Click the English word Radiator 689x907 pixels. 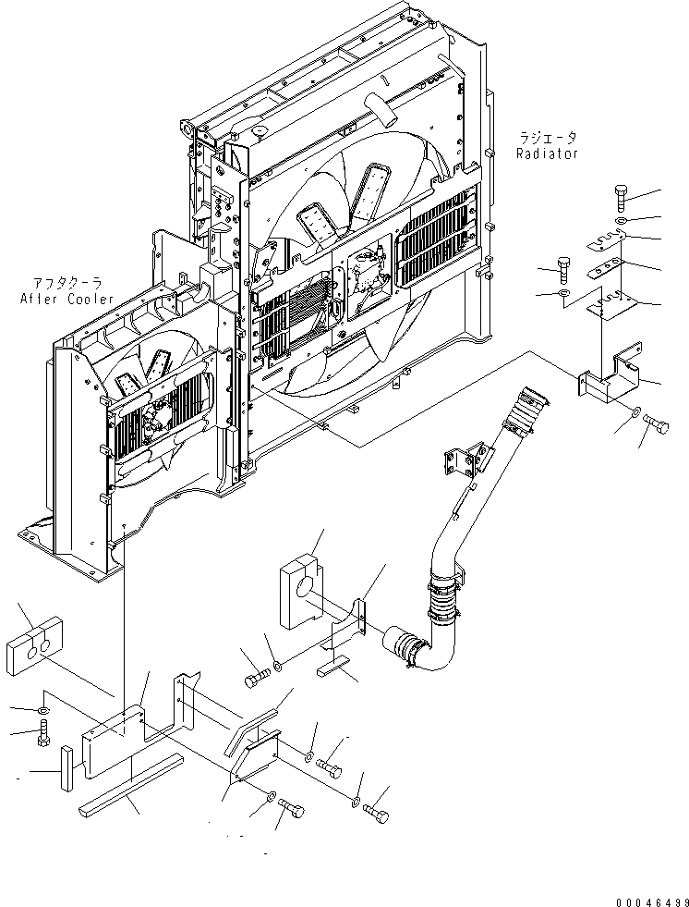point(548,153)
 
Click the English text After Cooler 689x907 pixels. point(66,299)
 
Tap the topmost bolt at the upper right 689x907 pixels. point(621,199)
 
